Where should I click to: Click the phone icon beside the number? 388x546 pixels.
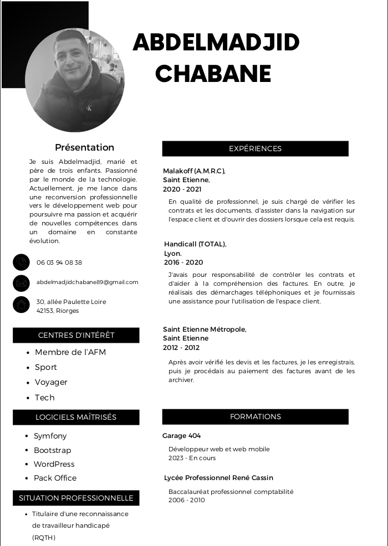[x=21, y=262]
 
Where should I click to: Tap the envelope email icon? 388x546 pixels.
[x=21, y=283]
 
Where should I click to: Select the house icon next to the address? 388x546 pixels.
[x=21, y=304]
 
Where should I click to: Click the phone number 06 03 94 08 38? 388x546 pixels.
[x=59, y=262]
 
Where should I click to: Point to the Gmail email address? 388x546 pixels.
[x=88, y=282]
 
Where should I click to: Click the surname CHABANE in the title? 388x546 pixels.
[x=213, y=73]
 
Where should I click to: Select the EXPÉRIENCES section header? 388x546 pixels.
[x=255, y=148]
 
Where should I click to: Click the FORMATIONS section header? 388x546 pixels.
[x=255, y=416]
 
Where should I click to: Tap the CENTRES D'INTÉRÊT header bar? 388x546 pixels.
[x=76, y=335]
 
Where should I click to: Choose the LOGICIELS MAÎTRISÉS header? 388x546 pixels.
[x=76, y=417]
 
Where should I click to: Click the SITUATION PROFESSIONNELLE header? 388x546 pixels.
[x=76, y=498]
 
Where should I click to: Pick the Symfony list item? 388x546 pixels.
[x=50, y=436]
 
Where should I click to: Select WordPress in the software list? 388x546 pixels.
[x=54, y=464]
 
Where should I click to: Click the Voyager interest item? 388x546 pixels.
[x=51, y=382]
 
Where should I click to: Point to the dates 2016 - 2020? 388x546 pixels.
[x=183, y=262]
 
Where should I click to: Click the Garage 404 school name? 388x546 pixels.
[x=181, y=436]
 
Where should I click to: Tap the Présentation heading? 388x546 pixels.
[x=84, y=147]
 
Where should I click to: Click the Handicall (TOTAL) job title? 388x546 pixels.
[x=195, y=244]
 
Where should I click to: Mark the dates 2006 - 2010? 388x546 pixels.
[x=186, y=500]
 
